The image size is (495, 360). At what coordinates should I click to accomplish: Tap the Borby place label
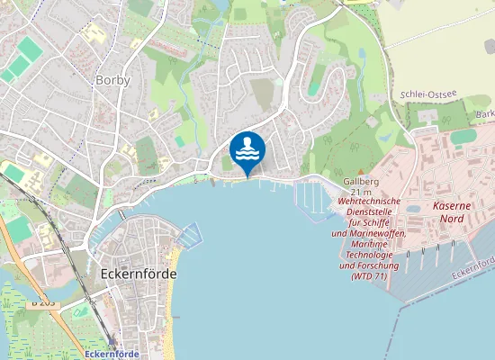coord(112,80)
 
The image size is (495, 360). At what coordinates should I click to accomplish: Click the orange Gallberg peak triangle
coord(361,170)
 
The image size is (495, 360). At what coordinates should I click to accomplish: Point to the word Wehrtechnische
coord(370,202)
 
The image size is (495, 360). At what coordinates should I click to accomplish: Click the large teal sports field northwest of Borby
coord(31,49)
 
